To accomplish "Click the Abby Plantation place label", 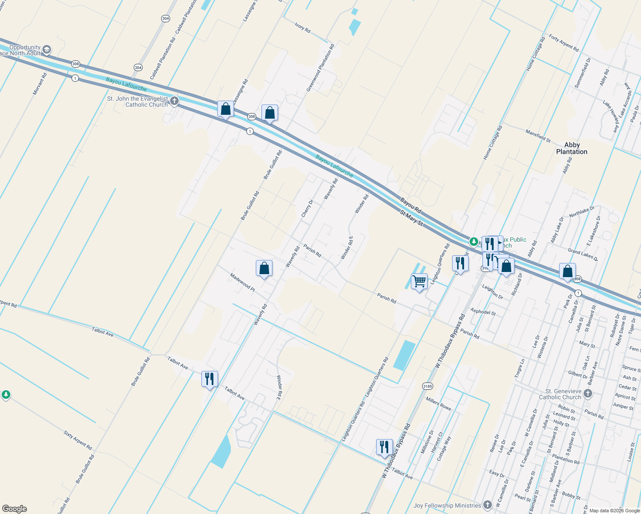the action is (572, 148).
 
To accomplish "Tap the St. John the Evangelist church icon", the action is (174, 101).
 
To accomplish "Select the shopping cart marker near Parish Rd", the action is (419, 282).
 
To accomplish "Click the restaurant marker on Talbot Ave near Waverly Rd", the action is (210, 379).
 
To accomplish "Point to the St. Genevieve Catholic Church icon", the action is (588, 394).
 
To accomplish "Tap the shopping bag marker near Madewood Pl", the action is (264, 269).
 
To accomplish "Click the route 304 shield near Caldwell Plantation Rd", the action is (138, 67).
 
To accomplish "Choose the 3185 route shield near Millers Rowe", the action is (427, 386).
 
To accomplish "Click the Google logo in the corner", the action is (14, 509).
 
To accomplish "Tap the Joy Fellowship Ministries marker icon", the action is (487, 505).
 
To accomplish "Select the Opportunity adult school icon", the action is (47, 50).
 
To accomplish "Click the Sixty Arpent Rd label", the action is (78, 440).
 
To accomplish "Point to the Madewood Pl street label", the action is (242, 283).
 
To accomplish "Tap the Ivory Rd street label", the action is (303, 28).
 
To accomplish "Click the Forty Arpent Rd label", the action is (564, 43).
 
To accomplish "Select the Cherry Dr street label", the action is (307, 208).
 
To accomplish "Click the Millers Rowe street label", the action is (438, 403).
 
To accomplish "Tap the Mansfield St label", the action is (538, 136).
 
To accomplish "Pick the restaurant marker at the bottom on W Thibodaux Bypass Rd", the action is (384, 447).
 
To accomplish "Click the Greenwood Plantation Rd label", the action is (320, 68).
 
